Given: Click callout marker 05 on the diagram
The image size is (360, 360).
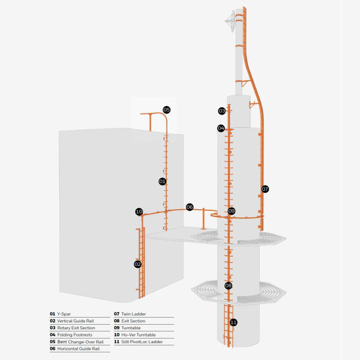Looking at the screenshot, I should pyautogui.click(x=166, y=109).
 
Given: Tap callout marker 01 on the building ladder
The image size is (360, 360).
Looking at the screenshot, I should pyautogui.click(x=162, y=182).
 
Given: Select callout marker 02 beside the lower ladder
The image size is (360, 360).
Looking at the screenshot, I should pyautogui.click(x=138, y=264).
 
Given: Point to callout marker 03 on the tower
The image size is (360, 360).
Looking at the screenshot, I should pyautogui.click(x=221, y=111).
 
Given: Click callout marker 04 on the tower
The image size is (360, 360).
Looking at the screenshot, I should pyautogui.click(x=221, y=128).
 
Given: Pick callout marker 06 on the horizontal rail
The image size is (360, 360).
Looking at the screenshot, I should pyautogui.click(x=190, y=207).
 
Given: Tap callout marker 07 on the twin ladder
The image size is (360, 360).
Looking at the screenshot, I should pyautogui.click(x=265, y=189).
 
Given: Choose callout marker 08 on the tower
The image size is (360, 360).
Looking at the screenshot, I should pyautogui.click(x=229, y=285).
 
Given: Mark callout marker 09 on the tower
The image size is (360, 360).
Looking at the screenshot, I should pyautogui.click(x=232, y=211).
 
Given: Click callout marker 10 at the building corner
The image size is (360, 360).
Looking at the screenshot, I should pyautogui.click(x=139, y=212).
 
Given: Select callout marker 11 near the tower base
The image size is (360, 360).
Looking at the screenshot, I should pyautogui.click(x=233, y=322).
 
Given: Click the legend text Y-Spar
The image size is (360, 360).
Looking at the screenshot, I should pyautogui.click(x=64, y=313).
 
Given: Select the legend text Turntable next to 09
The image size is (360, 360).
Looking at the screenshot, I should pyautogui.click(x=131, y=328).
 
